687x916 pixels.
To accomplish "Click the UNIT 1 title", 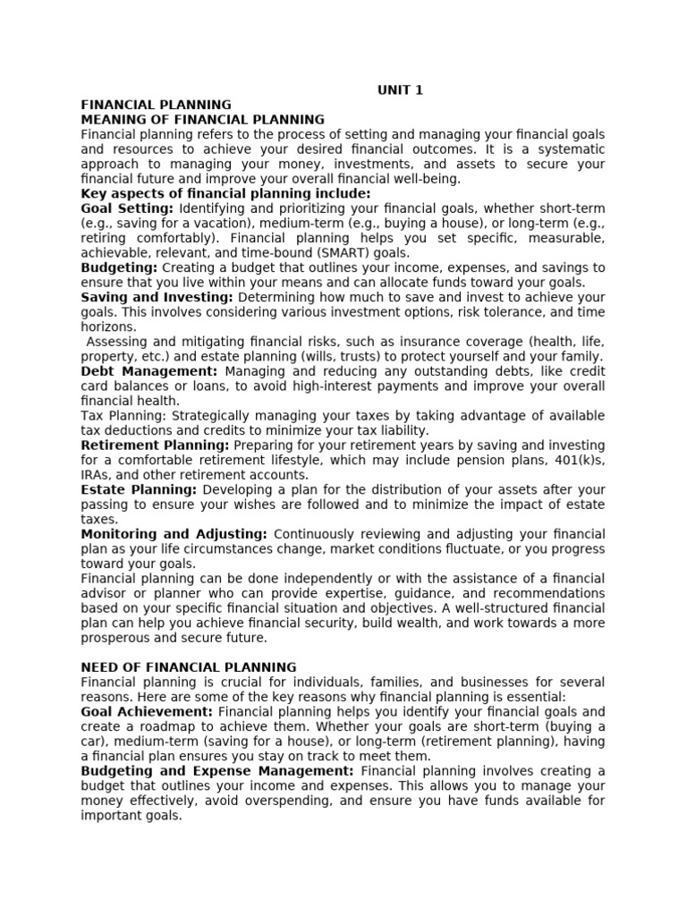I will click(400, 89).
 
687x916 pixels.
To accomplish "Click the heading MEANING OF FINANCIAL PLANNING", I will click(203, 119).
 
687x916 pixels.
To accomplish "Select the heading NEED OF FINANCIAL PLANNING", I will click(189, 667).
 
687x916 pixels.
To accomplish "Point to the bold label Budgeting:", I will click(119, 267).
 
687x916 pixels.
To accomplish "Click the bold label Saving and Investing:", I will click(157, 297).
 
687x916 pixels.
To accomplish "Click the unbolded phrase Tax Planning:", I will click(123, 416).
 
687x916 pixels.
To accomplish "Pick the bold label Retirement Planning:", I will click(155, 445).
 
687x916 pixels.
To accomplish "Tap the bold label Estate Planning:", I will click(139, 490).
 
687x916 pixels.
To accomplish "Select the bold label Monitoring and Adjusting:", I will click(174, 534).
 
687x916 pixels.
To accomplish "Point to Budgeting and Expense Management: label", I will click(217, 771).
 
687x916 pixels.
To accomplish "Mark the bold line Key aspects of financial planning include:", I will click(225, 193).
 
